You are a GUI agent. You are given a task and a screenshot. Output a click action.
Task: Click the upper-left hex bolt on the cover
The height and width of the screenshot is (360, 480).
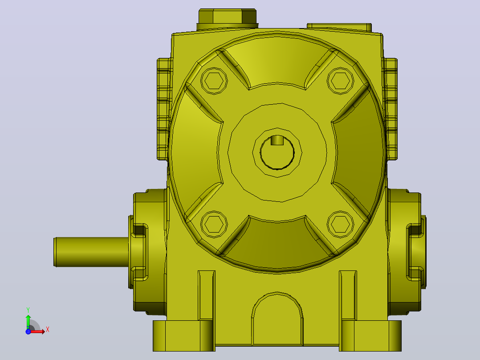(214, 81)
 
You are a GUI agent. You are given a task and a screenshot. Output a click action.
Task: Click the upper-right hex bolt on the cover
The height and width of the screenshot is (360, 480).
(340, 81)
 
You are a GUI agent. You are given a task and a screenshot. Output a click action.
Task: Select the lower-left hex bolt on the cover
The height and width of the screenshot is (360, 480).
(214, 224)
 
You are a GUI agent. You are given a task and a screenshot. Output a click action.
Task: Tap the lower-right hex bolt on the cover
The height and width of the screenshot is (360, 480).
(340, 224)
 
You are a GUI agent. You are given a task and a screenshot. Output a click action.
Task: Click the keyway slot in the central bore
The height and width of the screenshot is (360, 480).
(277, 140)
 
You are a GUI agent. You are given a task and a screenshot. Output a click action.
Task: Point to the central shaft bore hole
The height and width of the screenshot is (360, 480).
(277, 152)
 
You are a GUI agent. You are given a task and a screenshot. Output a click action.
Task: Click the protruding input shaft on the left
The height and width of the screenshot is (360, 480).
(91, 252)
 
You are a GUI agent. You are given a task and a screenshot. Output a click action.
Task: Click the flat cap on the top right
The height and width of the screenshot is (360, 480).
(339, 27)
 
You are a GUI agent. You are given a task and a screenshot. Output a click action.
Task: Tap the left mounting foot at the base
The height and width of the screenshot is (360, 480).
(184, 336)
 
